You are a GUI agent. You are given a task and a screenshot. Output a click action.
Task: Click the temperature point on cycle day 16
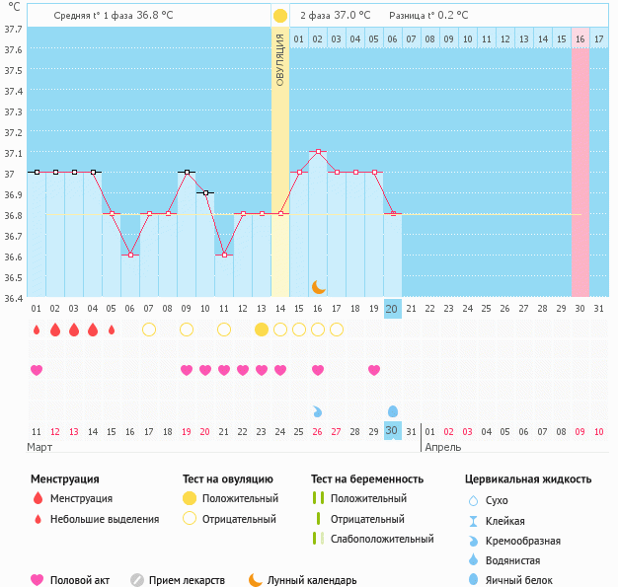point(318,151)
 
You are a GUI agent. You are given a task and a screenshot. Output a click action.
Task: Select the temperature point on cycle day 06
point(130,255)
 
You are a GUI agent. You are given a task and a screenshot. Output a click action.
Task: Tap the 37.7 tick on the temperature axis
point(13,30)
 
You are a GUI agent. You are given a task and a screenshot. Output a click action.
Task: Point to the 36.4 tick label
point(13,299)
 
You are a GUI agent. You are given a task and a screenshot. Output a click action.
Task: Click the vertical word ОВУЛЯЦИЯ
point(279,60)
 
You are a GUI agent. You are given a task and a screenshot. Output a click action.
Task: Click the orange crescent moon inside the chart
point(318,287)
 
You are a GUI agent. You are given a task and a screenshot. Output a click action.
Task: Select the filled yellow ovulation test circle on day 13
point(262,330)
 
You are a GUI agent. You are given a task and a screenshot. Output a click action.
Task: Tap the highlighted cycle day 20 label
point(393,309)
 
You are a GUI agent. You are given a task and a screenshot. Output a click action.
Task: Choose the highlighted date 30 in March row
point(393,430)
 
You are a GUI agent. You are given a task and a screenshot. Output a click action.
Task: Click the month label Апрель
point(443,448)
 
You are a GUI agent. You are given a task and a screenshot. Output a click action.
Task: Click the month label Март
point(39,448)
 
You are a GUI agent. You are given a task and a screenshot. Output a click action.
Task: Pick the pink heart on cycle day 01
point(37,370)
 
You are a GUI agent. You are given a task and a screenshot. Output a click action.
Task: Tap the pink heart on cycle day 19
point(374,370)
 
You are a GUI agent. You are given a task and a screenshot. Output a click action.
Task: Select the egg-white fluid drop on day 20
point(393,411)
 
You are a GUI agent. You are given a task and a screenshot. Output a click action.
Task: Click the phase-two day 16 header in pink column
point(579,39)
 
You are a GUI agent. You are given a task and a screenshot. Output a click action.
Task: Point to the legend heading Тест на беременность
point(367,479)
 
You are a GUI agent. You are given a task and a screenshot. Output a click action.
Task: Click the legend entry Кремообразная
point(522,541)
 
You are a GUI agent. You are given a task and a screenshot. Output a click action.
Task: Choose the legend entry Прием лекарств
point(187,580)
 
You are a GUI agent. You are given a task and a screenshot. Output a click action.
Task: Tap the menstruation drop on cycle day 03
point(74,330)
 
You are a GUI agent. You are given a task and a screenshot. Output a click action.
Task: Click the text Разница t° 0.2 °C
point(428,16)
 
